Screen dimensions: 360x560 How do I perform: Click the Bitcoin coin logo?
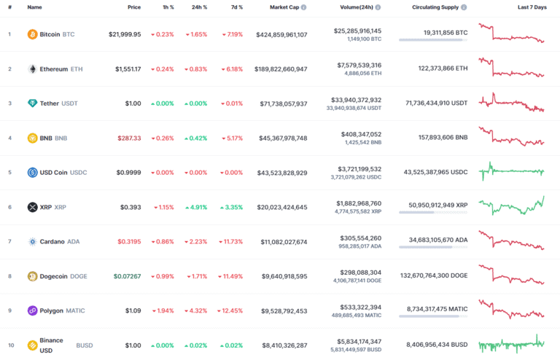coord(32,34)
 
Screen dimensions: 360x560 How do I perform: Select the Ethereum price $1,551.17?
coord(128,69)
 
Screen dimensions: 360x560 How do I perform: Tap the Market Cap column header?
coord(287,7)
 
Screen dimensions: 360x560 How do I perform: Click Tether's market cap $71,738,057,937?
coord(281,103)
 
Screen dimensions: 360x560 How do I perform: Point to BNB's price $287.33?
coord(128,138)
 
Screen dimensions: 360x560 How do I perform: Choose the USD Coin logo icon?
coord(32,173)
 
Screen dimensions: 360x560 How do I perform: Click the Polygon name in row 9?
coord(52,310)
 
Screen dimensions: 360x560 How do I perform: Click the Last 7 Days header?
coord(532,7)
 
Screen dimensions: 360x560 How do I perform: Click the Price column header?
coord(134,7)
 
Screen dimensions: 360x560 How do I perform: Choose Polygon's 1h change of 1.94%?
coord(163,310)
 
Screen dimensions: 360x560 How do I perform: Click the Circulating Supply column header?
coord(435,7)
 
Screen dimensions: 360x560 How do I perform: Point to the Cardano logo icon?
coord(32,241)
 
